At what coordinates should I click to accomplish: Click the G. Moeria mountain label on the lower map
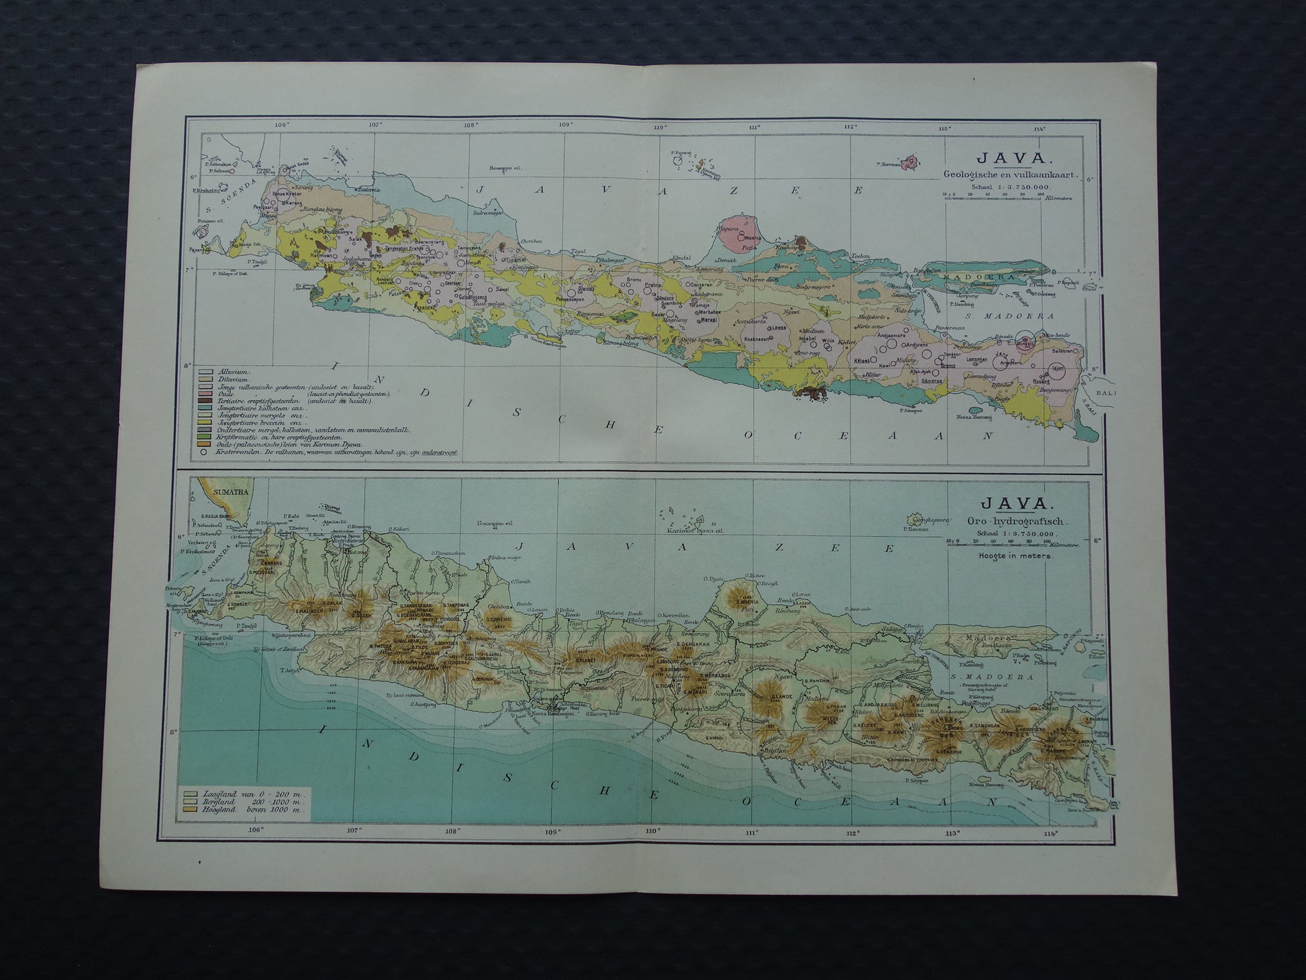[x=747, y=602]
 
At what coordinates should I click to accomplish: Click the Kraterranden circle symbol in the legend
[x=203, y=453]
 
